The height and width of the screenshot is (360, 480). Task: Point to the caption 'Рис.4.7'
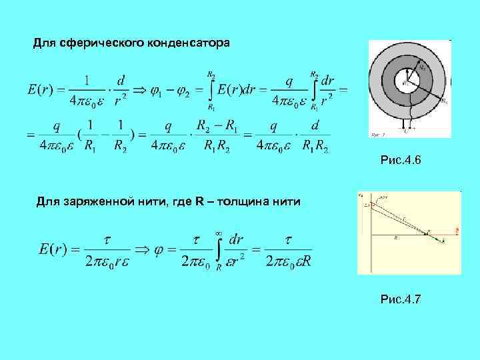(400, 300)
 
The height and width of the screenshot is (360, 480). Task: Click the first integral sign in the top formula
(210, 90)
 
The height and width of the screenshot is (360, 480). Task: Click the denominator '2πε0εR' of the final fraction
(288, 261)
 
